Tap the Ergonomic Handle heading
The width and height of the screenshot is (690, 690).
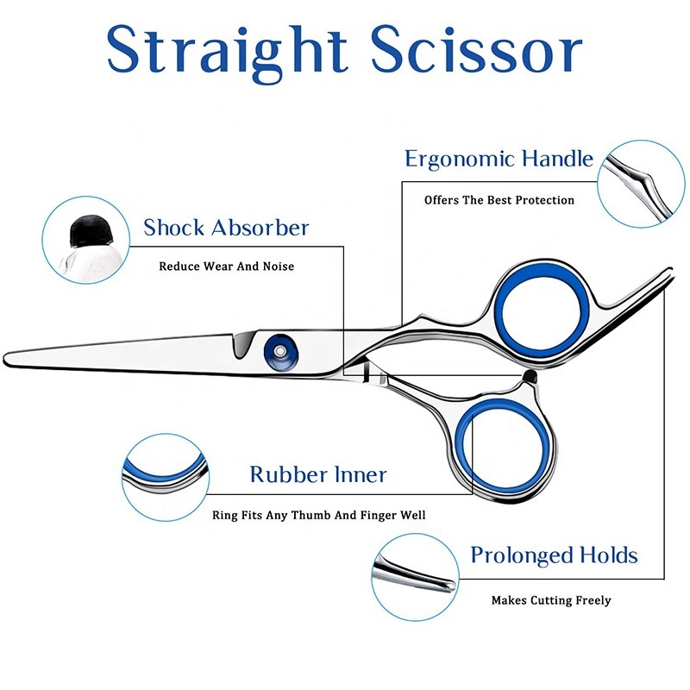499,160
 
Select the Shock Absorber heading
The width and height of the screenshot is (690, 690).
226,228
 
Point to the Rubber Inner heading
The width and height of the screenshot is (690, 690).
318,474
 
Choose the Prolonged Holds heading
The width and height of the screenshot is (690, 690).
554,555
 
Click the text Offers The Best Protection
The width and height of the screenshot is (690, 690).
499,200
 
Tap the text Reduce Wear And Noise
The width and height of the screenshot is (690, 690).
226,267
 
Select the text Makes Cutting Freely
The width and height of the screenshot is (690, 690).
551,600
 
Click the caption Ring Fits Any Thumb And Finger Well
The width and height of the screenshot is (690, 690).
319,516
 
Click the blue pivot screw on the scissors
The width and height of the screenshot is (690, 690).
279,348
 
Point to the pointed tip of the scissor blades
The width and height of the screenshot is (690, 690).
10,356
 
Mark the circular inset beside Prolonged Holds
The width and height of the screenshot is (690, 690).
415,573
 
